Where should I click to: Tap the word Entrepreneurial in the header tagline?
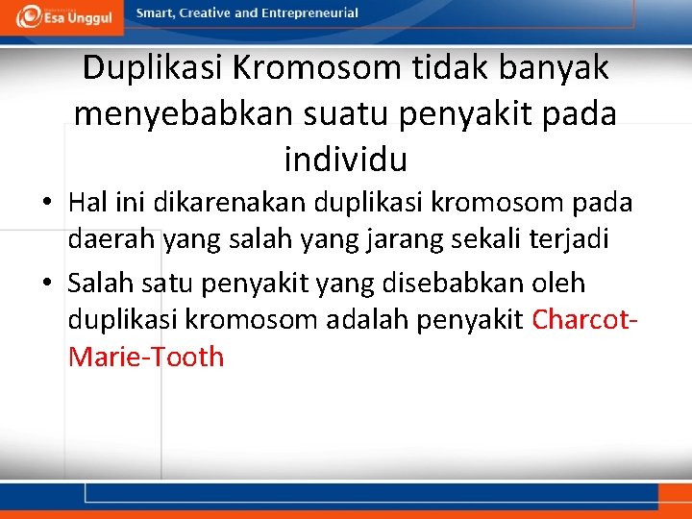pos(311,13)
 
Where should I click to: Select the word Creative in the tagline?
pos(207,13)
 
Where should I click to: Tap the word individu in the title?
pos(346,159)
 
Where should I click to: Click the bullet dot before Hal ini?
pos(46,204)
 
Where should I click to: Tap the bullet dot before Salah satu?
pos(46,284)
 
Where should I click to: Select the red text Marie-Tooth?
pos(146,357)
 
